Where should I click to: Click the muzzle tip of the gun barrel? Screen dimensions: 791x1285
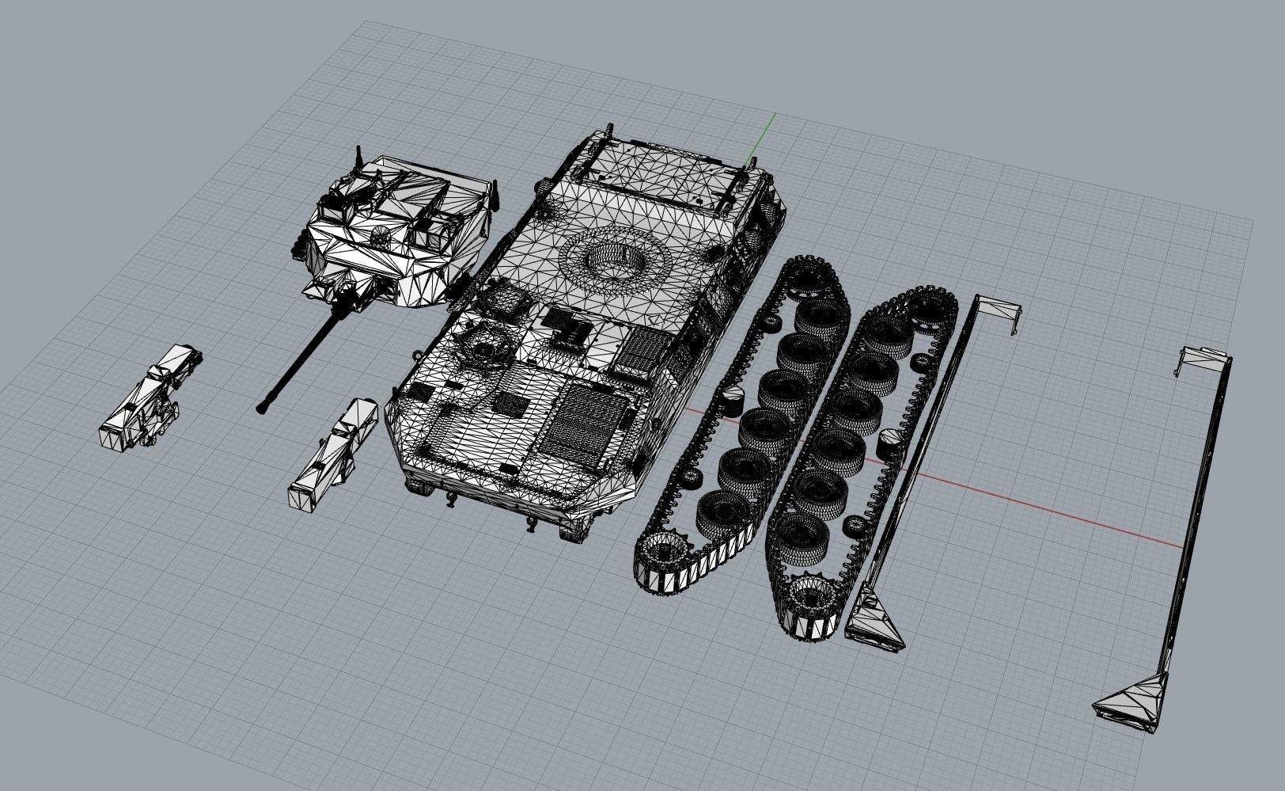click(x=260, y=409)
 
